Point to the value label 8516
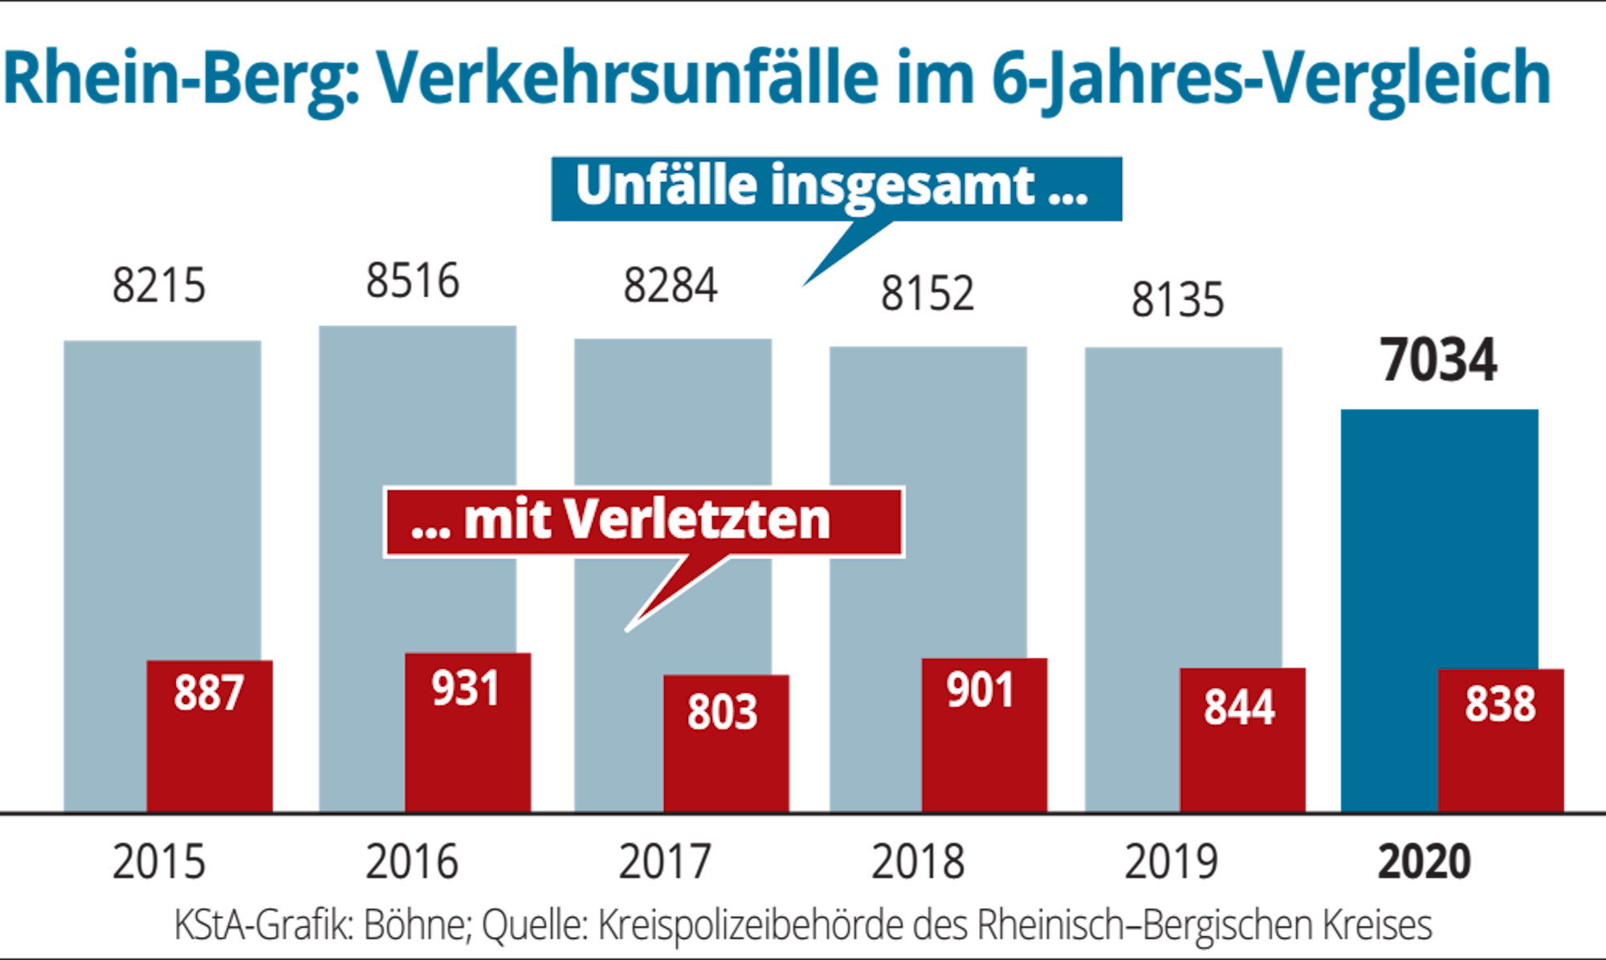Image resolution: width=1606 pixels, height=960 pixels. click(413, 282)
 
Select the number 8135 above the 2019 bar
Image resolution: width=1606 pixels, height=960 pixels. click(1177, 300)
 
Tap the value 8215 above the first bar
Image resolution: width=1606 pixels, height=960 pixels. click(159, 286)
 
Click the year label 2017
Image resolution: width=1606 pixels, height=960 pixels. click(665, 862)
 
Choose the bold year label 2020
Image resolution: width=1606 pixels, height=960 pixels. click(1424, 862)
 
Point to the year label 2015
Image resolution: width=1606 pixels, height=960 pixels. click(159, 862)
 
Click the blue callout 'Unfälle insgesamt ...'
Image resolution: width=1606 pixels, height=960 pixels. click(835, 188)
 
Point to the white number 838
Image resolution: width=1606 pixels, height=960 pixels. click(1500, 705)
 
